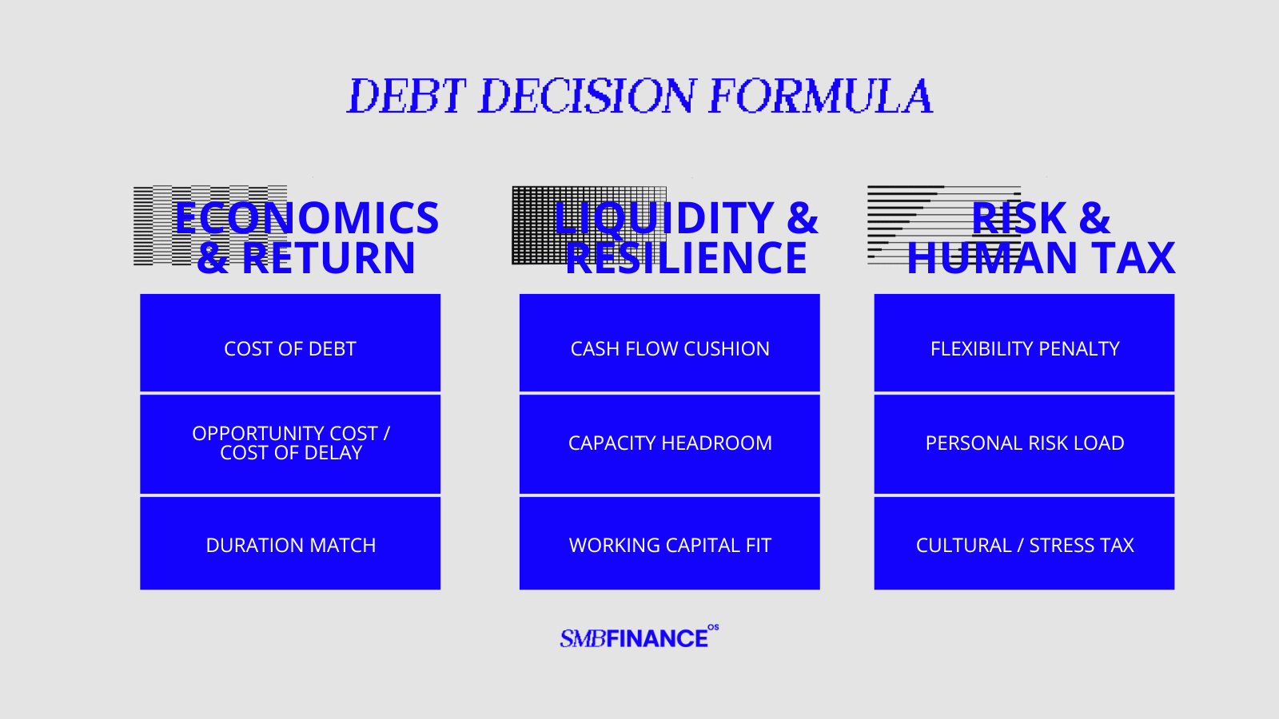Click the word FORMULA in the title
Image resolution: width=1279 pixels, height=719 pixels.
[820, 96]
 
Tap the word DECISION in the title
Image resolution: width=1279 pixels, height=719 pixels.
[587, 96]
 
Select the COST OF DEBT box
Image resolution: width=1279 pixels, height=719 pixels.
[290, 343]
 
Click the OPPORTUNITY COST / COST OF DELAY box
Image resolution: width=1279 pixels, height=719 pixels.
[290, 444]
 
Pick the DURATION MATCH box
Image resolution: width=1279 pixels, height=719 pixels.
[290, 543]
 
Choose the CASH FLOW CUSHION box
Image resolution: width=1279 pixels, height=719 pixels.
[670, 343]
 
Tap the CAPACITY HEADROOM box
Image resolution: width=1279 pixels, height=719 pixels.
[670, 444]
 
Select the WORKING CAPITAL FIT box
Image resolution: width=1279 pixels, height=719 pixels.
[670, 543]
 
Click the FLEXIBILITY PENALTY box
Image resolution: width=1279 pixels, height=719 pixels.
[1024, 343]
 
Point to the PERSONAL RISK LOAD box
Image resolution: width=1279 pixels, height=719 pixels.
[1024, 444]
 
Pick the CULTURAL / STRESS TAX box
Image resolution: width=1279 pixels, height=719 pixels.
[1024, 543]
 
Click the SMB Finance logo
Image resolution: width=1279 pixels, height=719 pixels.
[639, 637]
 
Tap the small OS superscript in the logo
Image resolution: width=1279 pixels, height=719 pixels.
[713, 628]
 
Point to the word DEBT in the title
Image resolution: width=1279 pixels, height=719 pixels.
[407, 96]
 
